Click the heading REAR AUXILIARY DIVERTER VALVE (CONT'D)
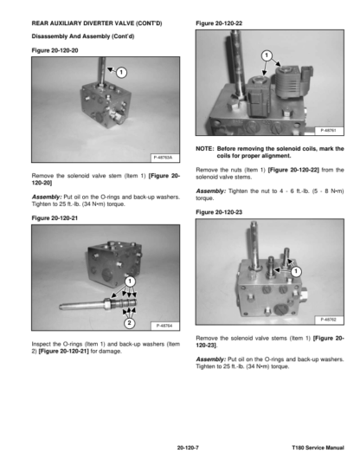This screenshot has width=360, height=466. tap(97, 23)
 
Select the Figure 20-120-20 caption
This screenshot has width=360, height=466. tap(55, 50)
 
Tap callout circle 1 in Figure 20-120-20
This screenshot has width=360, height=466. tap(121, 72)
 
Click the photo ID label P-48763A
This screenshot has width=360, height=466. tap(163, 158)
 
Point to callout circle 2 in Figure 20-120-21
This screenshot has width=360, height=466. tap(129, 323)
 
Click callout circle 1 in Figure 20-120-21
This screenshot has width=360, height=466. tap(130, 282)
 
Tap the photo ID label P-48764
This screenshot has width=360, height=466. tap(164, 326)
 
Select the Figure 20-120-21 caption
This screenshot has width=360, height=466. tap(55, 218)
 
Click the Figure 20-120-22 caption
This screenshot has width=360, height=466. tap(219, 23)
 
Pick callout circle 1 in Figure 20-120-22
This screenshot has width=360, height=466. tap(267, 55)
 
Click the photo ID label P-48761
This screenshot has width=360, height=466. tap(329, 130)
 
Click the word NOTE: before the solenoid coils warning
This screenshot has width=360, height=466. tap(204, 149)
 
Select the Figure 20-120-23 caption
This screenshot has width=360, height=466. tap(219, 212)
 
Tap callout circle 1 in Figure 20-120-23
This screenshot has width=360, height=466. tap(296, 271)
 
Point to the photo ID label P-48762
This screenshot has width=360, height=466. tap(329, 320)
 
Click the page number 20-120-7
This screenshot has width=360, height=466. tap(188, 448)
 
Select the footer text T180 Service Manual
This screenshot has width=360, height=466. tap(318, 448)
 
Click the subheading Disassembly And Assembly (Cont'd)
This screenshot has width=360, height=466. tap(83, 36)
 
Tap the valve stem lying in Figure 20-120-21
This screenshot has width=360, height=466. tap(98, 304)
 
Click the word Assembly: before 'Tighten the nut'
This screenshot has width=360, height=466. tap(210, 191)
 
